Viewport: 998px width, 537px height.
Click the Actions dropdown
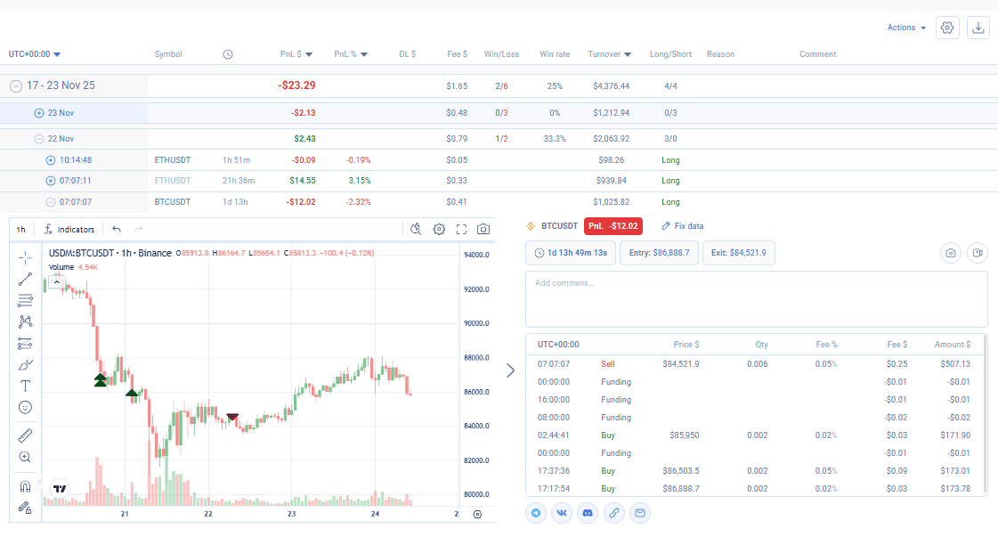pos(906,28)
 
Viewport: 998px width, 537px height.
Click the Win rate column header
pos(555,54)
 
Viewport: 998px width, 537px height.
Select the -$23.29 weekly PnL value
pos(296,85)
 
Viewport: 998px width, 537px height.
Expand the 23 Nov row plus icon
pos(39,113)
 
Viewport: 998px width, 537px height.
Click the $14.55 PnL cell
pos(303,180)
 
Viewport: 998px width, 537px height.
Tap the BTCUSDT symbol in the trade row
pos(173,202)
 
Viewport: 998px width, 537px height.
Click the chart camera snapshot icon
pos(483,230)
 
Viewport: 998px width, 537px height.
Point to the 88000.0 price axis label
pos(476,357)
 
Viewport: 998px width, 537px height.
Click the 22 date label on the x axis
pos(208,514)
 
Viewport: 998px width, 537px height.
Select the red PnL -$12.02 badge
pos(613,226)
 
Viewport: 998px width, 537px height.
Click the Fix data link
pos(682,226)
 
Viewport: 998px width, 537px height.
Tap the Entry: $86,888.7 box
pos(659,253)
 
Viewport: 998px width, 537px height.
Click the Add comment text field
pos(756,299)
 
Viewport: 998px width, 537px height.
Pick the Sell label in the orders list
pos(608,363)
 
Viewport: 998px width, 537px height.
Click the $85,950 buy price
pos(685,435)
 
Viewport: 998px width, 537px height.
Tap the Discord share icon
pos(588,513)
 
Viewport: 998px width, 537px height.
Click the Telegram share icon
pos(536,513)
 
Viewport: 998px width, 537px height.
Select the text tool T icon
pos(25,386)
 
